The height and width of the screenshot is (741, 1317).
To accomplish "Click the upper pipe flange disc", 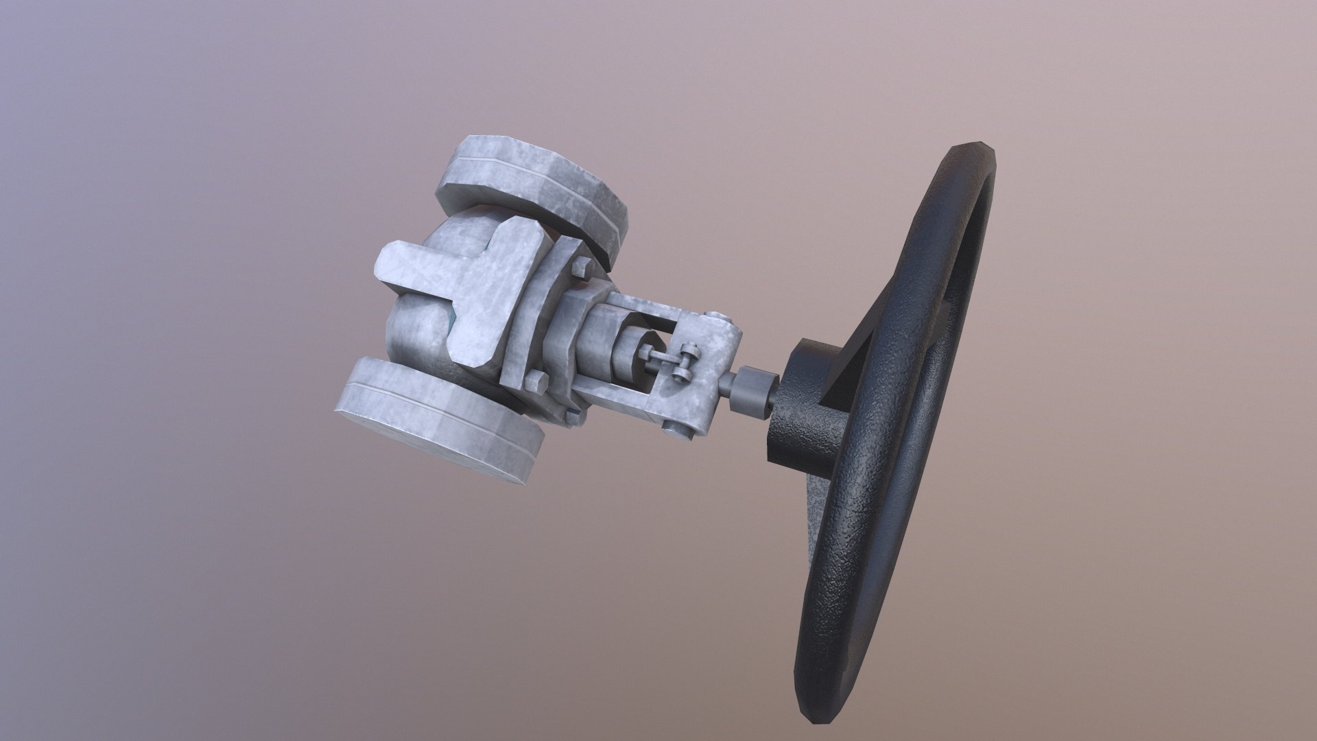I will point(535,185).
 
